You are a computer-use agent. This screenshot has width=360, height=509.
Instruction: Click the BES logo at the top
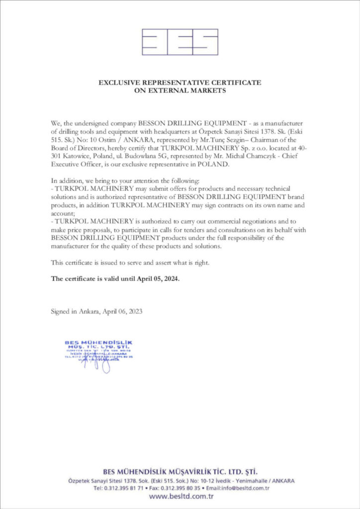tap(180, 42)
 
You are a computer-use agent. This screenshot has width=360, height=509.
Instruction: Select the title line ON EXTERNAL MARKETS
tap(180, 90)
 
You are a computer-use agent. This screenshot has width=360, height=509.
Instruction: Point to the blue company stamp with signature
tap(99, 354)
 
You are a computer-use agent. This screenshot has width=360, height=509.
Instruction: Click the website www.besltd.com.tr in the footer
tap(180, 496)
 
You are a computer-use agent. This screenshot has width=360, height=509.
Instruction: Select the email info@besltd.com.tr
tap(248, 488)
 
